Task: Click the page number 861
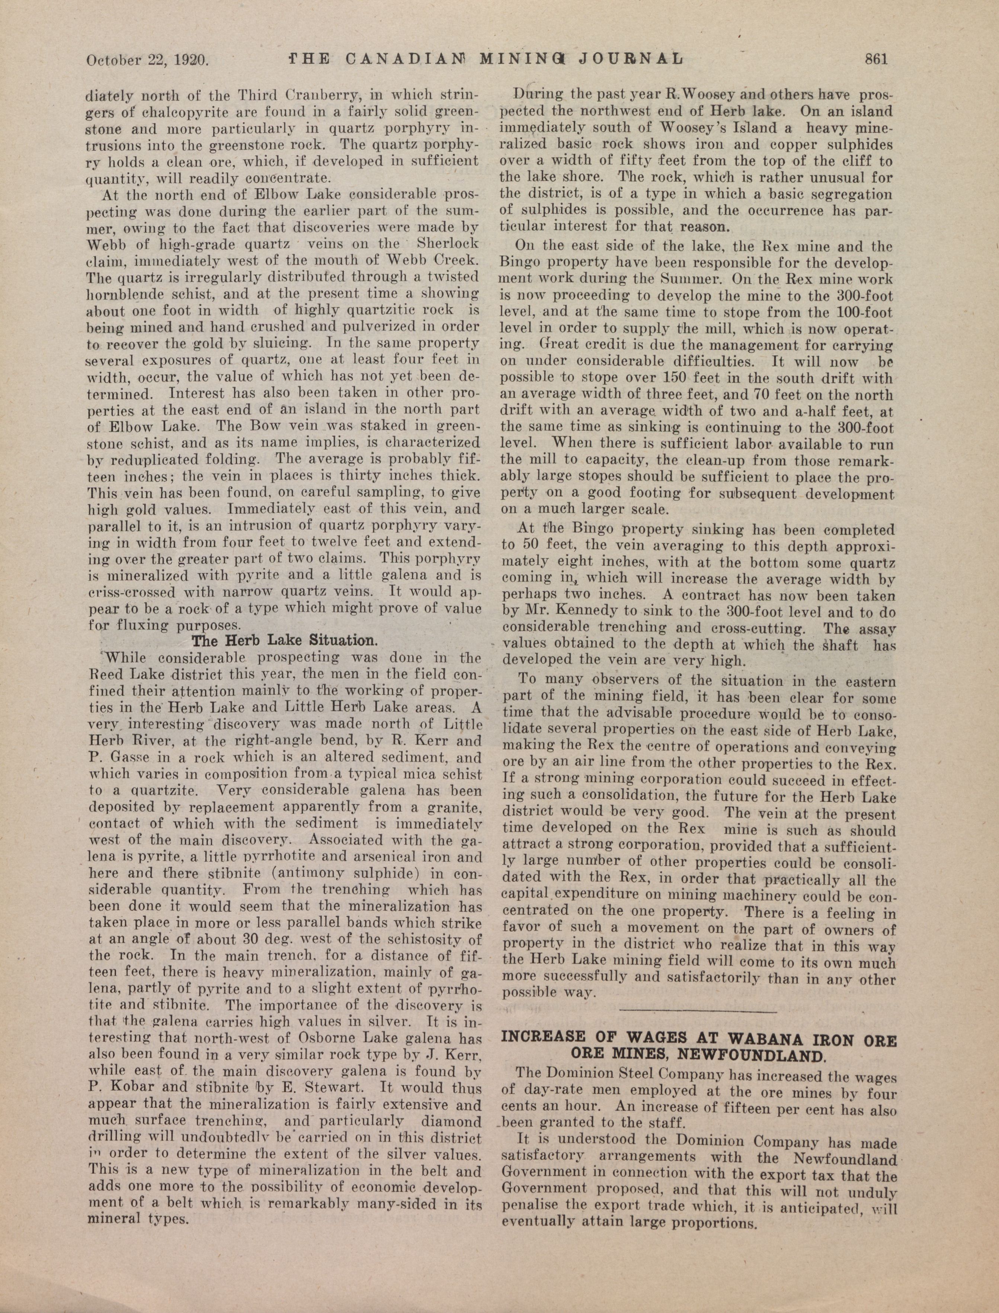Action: (x=875, y=58)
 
